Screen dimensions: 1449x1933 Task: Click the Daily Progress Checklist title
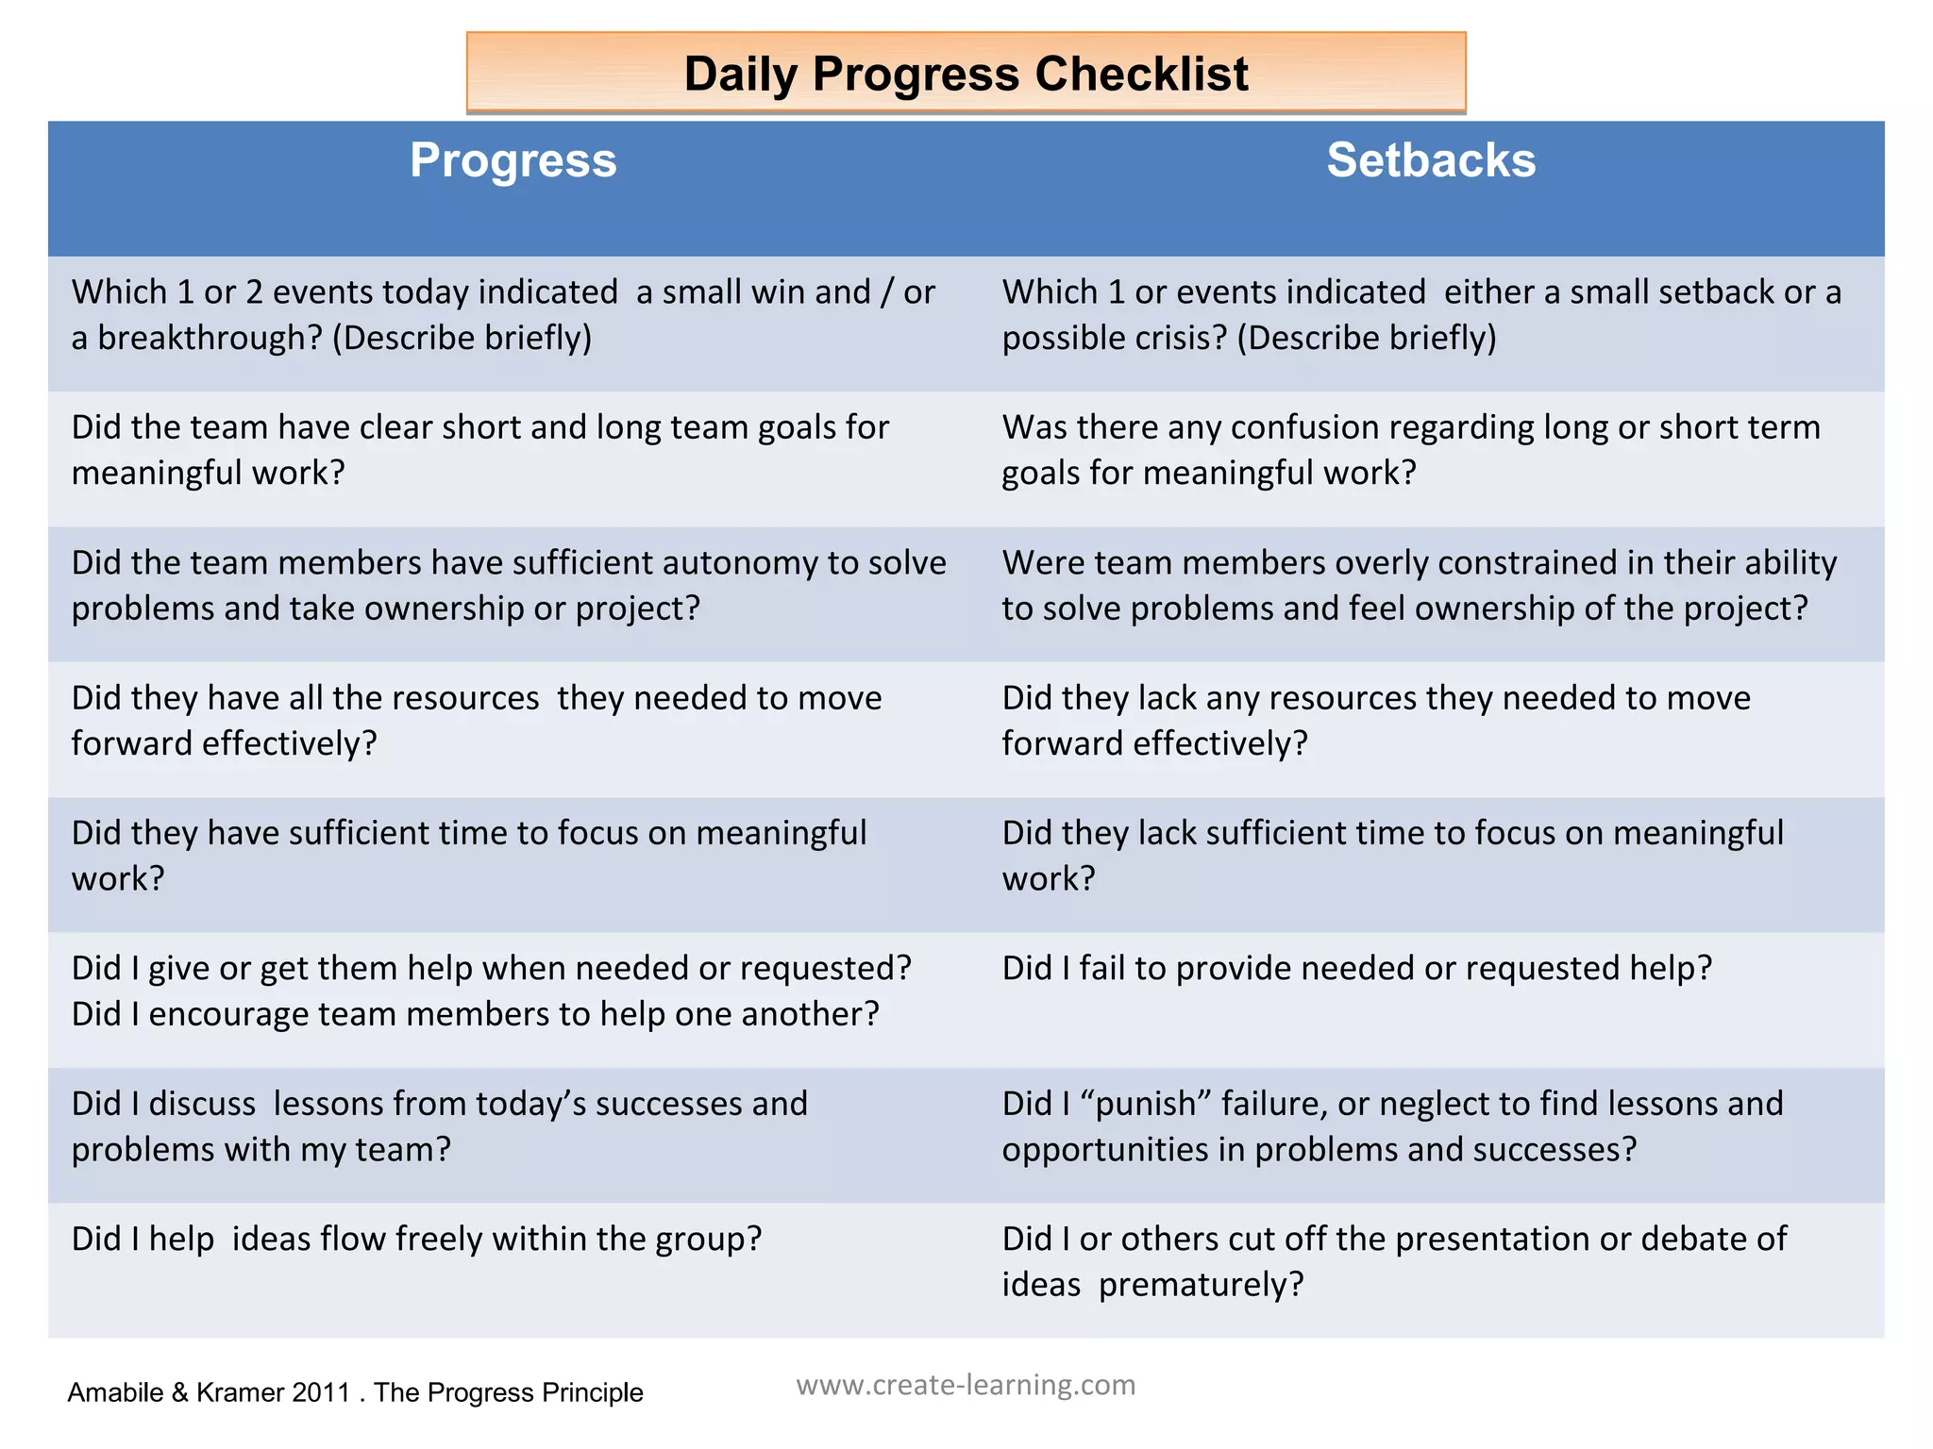[x=966, y=74]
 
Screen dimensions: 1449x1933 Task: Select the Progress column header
[x=513, y=160]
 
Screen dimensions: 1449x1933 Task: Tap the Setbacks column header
[x=1431, y=160]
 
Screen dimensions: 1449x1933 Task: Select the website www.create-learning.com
[x=966, y=1385]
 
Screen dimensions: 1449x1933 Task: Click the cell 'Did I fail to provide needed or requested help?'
[x=1356, y=969]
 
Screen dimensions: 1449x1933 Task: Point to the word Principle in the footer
[x=590, y=1392]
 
